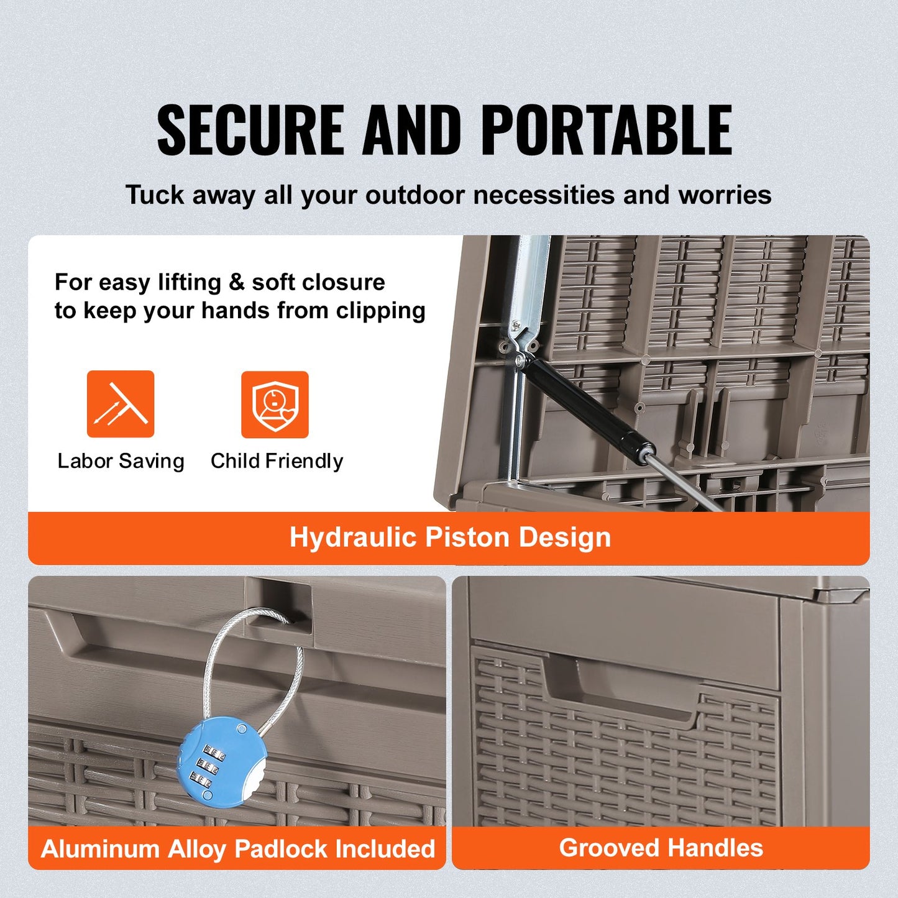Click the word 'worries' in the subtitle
725,195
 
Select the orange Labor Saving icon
121,404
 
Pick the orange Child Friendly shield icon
275,405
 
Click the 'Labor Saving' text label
121,461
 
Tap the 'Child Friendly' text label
277,461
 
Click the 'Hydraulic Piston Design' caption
450,538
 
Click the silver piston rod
684,482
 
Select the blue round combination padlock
221,761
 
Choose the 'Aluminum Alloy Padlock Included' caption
237,848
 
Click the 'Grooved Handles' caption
661,848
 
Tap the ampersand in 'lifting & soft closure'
236,283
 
